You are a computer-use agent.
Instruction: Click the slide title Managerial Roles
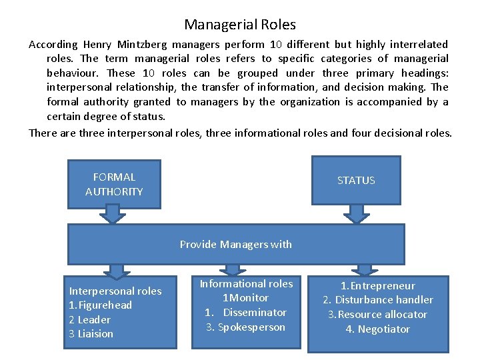tap(240, 25)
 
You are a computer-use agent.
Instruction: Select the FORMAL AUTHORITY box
tap(114, 184)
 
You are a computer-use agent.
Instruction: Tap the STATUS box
tap(356, 180)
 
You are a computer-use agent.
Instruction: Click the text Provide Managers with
tap(235, 244)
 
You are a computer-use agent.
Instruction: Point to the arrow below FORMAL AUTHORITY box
tap(114, 214)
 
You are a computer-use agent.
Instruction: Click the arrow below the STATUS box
tap(356, 213)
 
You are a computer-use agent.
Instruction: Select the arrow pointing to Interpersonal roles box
tap(116, 271)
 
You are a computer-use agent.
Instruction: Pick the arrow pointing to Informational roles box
tap(233, 269)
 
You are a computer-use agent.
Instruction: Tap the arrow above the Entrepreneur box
tap(364, 269)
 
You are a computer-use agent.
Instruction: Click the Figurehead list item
tap(101, 305)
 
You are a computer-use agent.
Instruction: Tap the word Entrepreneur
tap(382, 285)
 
